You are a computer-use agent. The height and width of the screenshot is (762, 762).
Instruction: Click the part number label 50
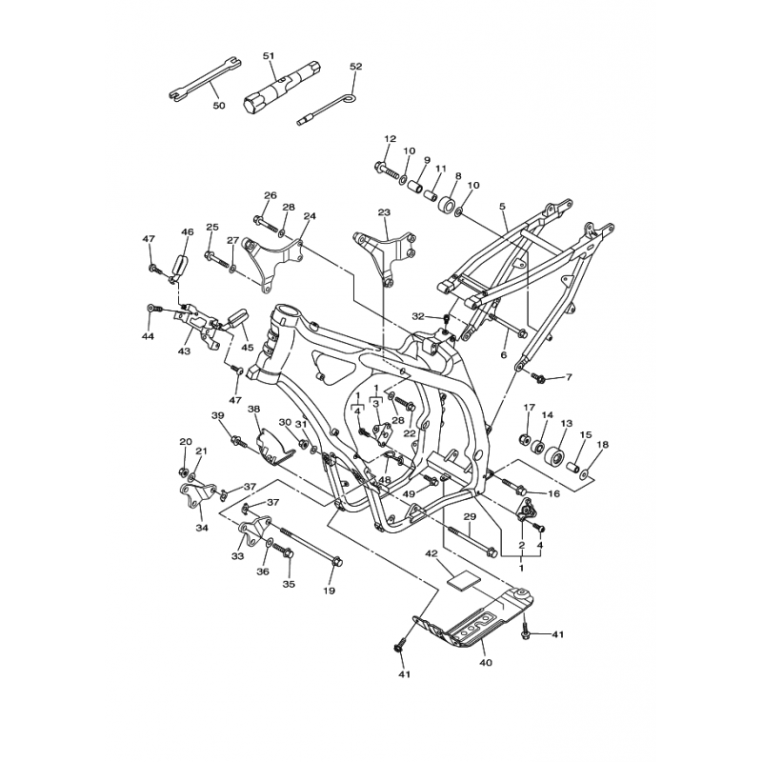click(x=219, y=106)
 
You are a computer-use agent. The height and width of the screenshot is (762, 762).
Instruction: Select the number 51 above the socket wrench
click(x=269, y=56)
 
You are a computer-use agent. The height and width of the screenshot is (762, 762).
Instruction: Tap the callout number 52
click(x=356, y=67)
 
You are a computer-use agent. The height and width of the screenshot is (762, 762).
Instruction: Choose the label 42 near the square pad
click(x=431, y=553)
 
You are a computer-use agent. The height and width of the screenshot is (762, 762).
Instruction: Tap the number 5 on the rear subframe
click(x=503, y=207)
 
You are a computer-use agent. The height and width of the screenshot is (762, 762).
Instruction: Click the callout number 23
click(x=384, y=212)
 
